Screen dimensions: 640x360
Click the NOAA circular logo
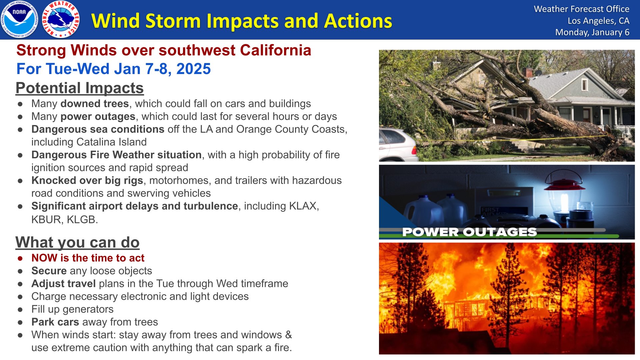click(19, 19)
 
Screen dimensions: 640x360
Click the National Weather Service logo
click(61, 19)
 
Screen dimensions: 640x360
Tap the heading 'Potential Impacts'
click(80, 88)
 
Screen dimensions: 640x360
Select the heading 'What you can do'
click(77, 242)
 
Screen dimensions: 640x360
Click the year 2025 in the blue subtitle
click(193, 69)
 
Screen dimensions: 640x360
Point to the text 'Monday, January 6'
click(592, 32)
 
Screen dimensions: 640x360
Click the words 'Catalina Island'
click(112, 142)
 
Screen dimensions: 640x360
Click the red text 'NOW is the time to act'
click(88, 258)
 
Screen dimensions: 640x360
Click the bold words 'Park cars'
click(55, 322)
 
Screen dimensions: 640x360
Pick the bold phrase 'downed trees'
click(95, 104)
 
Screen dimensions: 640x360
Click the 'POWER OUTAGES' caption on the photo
click(469, 232)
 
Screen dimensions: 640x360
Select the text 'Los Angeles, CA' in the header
click(598, 21)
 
